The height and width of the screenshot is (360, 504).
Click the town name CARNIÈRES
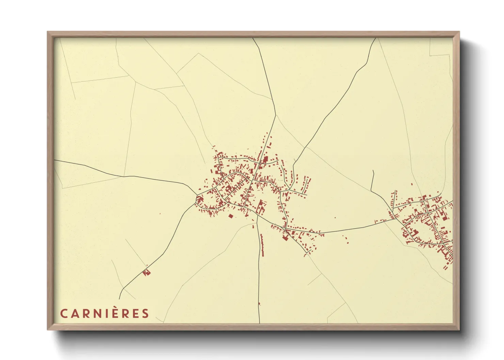(x=105, y=313)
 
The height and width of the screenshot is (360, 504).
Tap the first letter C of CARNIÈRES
(x=64, y=313)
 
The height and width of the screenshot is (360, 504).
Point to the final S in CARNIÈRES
(x=146, y=313)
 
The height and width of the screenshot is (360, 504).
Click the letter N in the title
(x=96, y=313)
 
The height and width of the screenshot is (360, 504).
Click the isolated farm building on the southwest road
(x=147, y=273)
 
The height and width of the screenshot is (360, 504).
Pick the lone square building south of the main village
(x=231, y=216)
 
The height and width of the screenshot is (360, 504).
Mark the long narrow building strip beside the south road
(x=262, y=245)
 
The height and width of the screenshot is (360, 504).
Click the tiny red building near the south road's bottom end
(x=259, y=304)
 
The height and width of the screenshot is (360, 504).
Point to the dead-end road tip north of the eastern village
(x=373, y=170)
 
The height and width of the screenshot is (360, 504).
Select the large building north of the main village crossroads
(x=265, y=159)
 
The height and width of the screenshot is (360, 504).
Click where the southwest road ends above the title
(x=119, y=299)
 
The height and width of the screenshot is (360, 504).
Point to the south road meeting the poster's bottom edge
(x=259, y=323)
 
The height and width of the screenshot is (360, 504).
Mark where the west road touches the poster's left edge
(x=55, y=160)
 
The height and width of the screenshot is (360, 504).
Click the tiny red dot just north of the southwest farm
(x=147, y=265)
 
